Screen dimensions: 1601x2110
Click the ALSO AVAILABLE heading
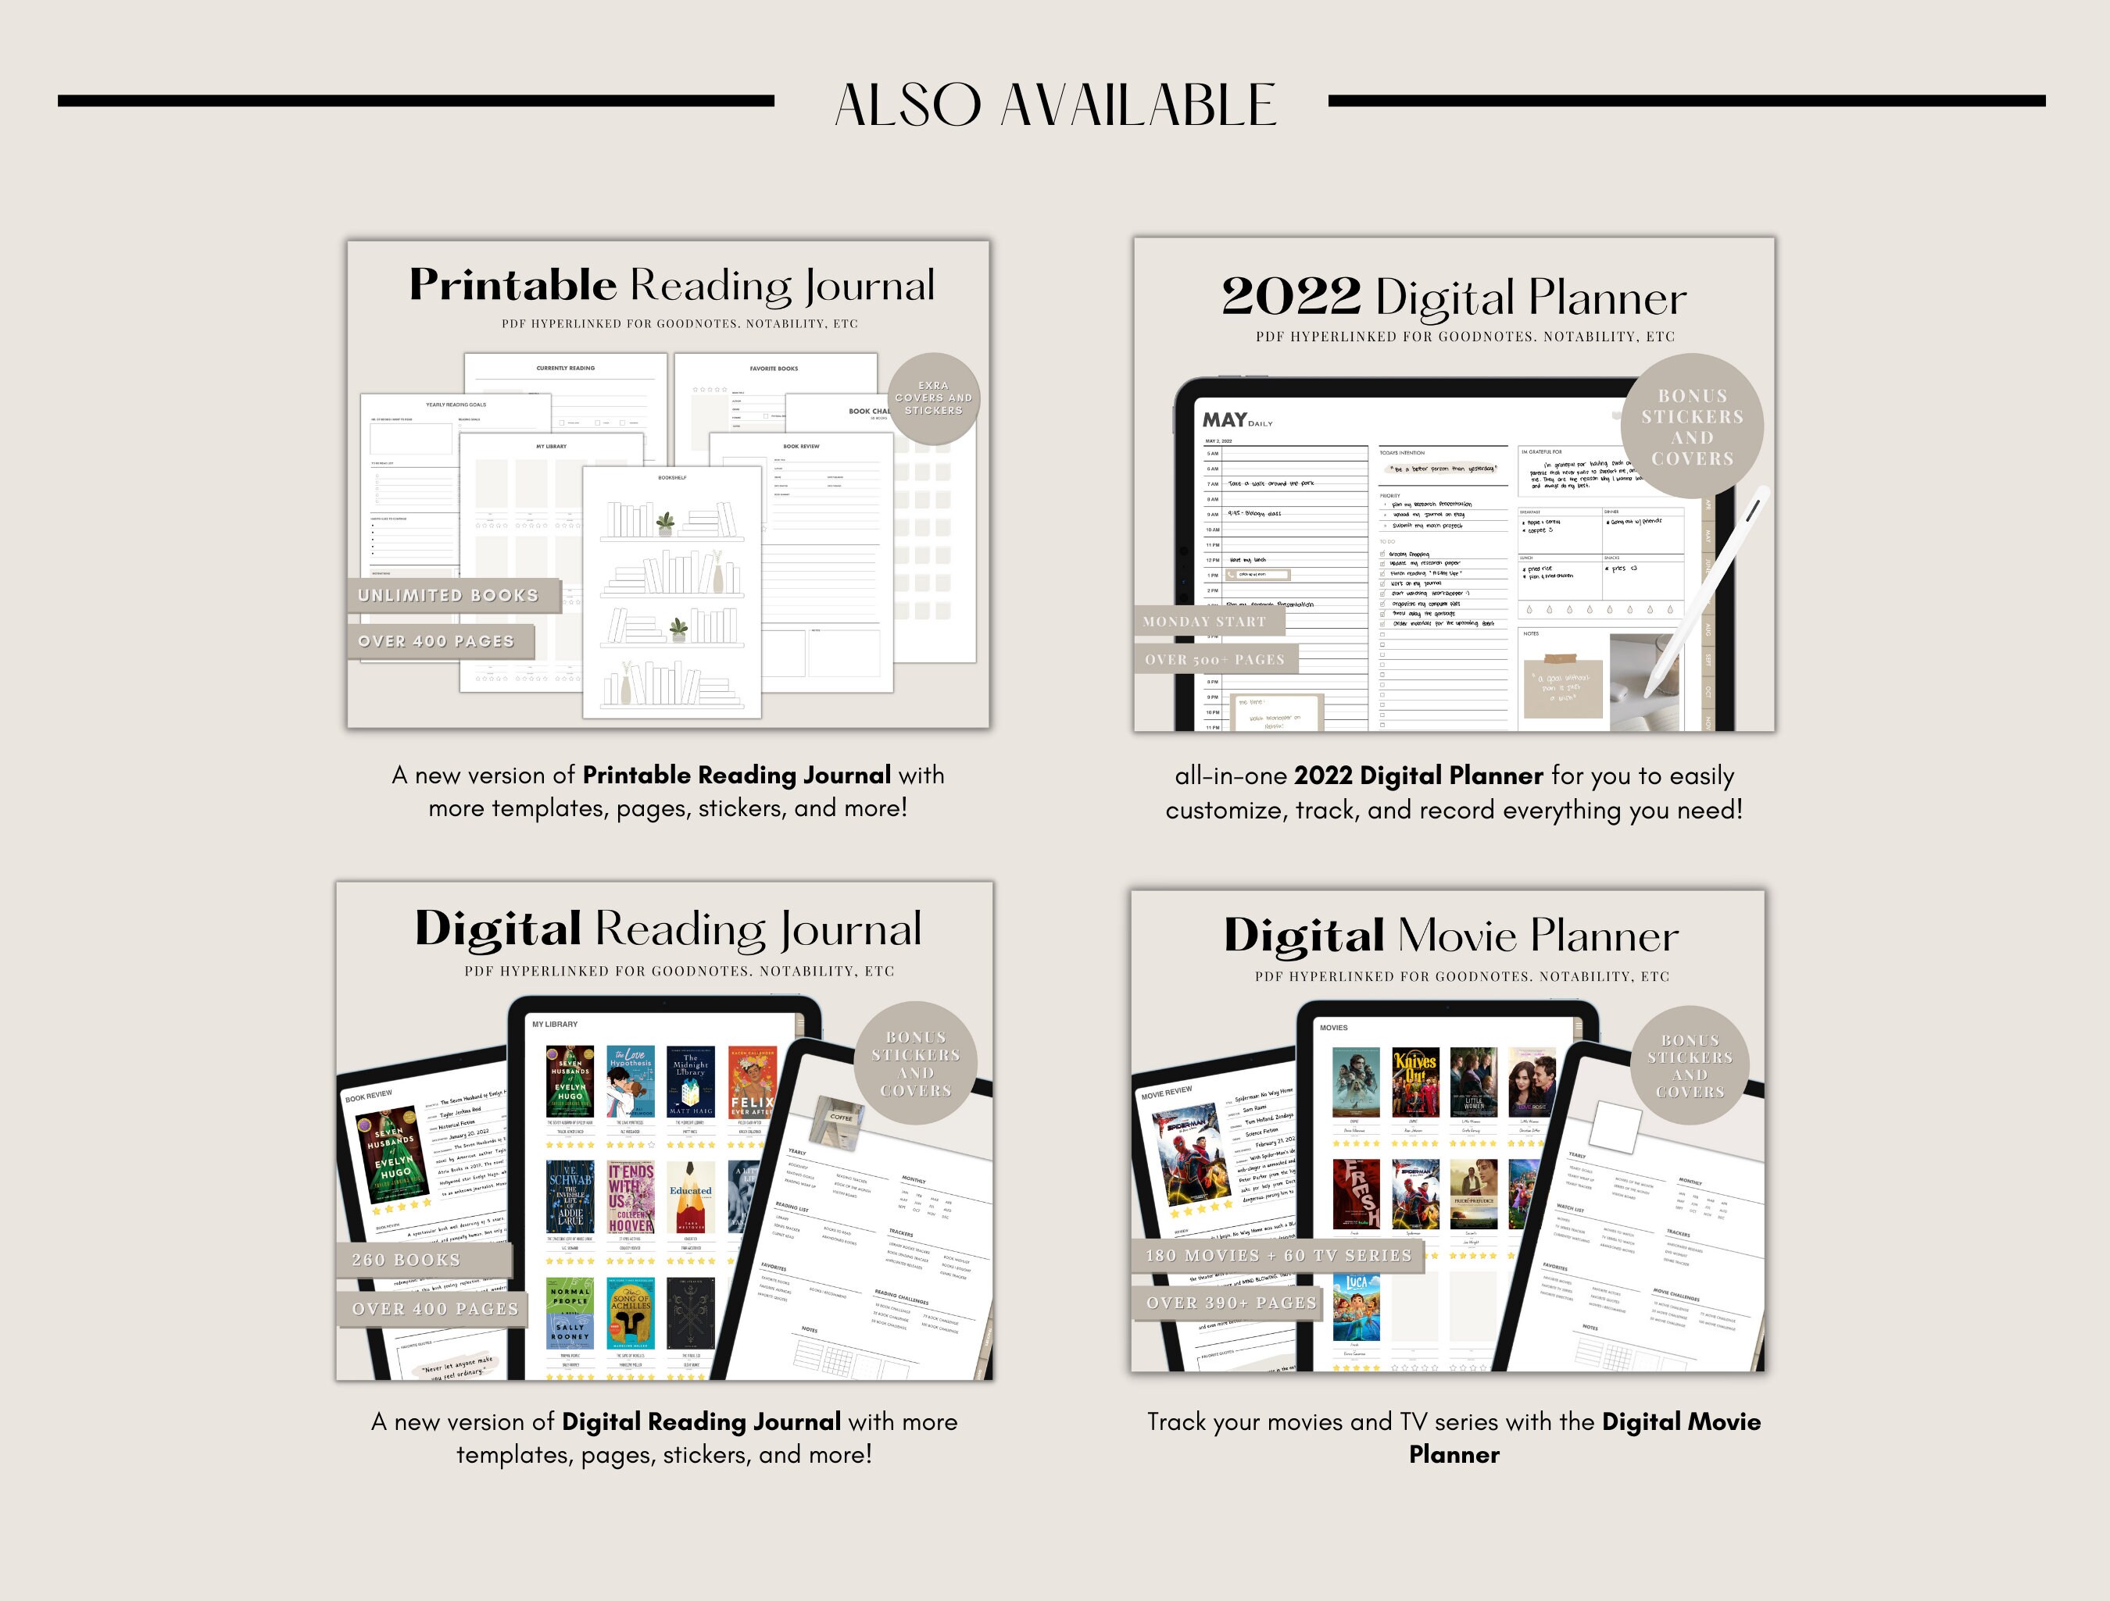coord(1055,105)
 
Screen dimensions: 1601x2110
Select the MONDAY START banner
coord(1207,622)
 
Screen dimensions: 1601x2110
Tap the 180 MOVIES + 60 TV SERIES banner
coord(1279,1255)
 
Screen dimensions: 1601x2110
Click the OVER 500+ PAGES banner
coord(1215,659)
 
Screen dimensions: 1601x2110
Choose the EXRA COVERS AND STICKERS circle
coord(933,398)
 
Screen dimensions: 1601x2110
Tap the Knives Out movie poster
coord(1414,1082)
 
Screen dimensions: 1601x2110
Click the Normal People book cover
coord(570,1313)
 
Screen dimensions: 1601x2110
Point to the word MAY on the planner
coord(1224,419)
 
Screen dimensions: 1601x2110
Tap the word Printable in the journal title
coord(513,284)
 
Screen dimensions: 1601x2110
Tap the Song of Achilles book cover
coord(631,1313)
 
